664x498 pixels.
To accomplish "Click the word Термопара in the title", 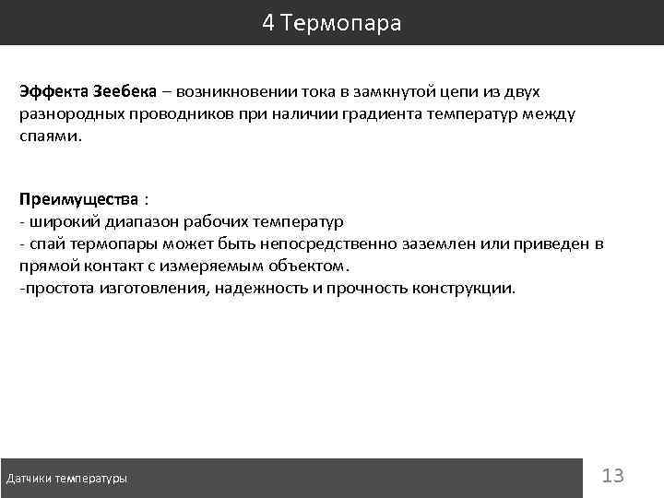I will click(x=344, y=23).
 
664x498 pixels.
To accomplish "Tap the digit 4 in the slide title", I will click(x=268, y=23).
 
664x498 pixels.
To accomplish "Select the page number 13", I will click(x=612, y=476).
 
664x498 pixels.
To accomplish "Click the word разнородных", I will click(x=65, y=114).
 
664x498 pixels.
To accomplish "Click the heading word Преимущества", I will click(x=79, y=199).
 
